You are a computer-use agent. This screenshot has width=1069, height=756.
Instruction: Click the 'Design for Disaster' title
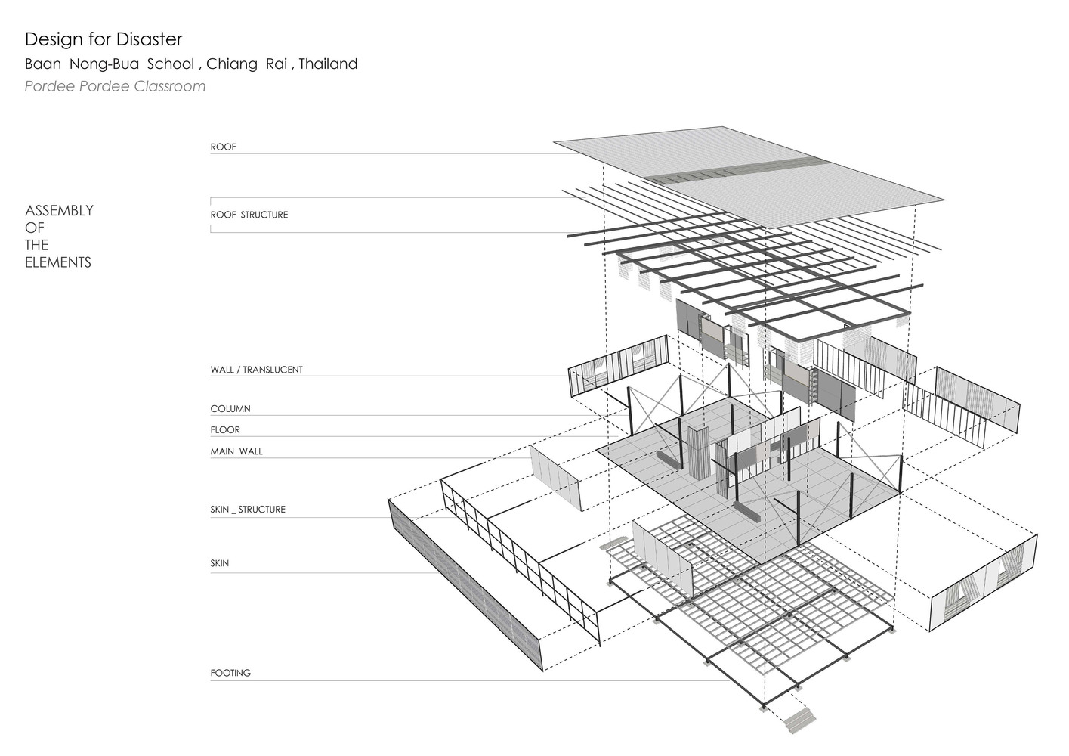coord(104,39)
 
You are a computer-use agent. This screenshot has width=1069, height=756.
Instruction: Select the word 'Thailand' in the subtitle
coord(328,64)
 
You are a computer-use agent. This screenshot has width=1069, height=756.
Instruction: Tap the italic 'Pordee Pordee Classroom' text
coord(115,86)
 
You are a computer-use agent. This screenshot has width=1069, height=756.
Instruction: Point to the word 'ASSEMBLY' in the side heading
coord(59,211)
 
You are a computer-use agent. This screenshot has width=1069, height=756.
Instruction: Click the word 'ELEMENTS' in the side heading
coord(57,262)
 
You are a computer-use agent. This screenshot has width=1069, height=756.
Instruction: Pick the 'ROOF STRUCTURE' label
coord(249,215)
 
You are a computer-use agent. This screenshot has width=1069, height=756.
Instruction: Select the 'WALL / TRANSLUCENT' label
coord(256,370)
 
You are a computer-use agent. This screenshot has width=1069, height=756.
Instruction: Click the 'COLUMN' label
coord(230,409)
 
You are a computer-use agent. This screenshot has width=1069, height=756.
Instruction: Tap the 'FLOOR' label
coord(225,430)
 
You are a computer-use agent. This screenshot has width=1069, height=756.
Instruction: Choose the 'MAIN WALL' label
coord(236,451)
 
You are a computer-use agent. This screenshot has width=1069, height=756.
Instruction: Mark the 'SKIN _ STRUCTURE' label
coord(248,510)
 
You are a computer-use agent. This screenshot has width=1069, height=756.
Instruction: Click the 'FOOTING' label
coord(230,673)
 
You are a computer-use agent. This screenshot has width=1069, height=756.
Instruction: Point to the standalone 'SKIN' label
coord(220,563)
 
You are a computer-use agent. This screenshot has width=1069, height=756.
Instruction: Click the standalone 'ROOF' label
coord(224,147)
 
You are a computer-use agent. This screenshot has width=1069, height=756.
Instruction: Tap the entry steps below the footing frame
coord(799,721)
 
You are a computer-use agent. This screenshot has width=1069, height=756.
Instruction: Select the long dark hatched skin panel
coord(465,585)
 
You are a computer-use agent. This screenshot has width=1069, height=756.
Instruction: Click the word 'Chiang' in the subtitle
coord(232,64)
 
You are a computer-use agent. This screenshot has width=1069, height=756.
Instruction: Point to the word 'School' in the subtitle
coord(171,64)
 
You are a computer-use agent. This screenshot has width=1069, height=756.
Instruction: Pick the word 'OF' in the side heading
coord(34,228)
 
